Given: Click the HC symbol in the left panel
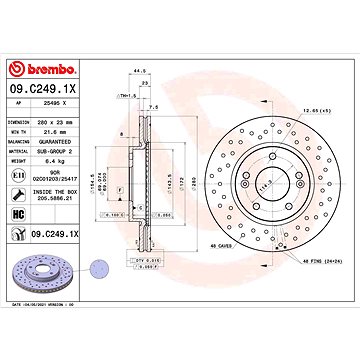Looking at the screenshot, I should [x=18, y=214].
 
